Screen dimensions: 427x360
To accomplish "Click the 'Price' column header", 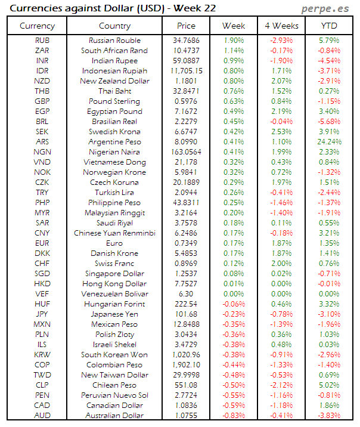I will coord(186,26).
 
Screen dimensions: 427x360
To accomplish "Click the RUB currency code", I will coord(42,41).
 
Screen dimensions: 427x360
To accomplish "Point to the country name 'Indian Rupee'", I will coord(116,61).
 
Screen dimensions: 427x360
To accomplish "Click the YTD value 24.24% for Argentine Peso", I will coord(330,142).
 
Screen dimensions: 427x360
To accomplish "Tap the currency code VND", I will coord(42,162).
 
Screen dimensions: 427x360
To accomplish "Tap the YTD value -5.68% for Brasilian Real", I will coord(329,122).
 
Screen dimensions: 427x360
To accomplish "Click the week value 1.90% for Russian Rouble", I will coord(234,41).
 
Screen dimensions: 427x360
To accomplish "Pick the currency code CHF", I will coord(42,264).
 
